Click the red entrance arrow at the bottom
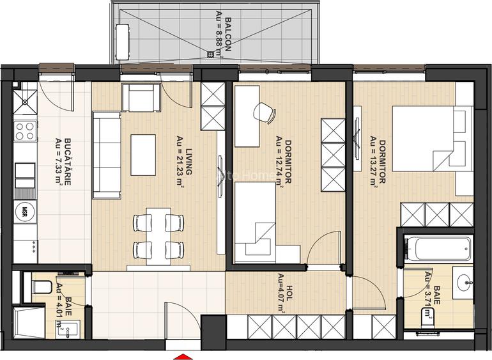pyautogui.click(x=183, y=356)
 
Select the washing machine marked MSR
pyautogui.click(x=25, y=210)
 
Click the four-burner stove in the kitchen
pyautogui.click(x=25, y=131)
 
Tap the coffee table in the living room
pyautogui.click(x=143, y=154)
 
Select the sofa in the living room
pyautogui.click(x=106, y=154)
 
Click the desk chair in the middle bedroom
pyautogui.click(x=264, y=113)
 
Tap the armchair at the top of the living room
pyautogui.click(x=140, y=97)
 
